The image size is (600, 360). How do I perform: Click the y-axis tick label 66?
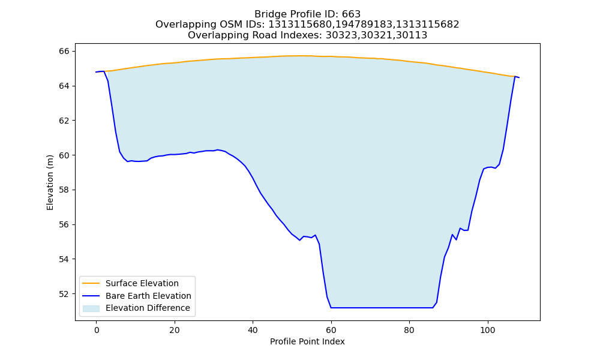click(x=64, y=51)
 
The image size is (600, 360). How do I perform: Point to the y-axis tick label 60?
click(x=64, y=155)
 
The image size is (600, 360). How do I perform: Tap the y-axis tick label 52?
click(x=64, y=294)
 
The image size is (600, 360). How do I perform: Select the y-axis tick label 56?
click(x=64, y=224)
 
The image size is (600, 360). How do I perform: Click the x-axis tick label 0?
click(x=97, y=330)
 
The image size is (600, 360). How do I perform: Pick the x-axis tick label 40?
click(x=253, y=330)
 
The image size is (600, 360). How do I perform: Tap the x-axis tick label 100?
click(x=487, y=330)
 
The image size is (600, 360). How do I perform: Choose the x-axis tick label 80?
click(x=409, y=330)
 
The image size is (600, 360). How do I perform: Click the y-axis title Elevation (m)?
click(x=50, y=182)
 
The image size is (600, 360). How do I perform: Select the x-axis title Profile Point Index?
click(x=307, y=341)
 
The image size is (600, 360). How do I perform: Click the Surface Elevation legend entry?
click(x=142, y=283)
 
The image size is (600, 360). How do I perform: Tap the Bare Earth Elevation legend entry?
click(x=148, y=296)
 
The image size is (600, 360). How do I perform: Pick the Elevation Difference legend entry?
click(x=148, y=308)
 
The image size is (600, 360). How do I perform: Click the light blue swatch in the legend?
click(x=91, y=308)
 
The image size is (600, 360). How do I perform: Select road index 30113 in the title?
click(x=412, y=35)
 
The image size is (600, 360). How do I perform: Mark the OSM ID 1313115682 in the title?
click(x=427, y=25)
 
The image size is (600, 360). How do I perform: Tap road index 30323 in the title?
click(x=341, y=35)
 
